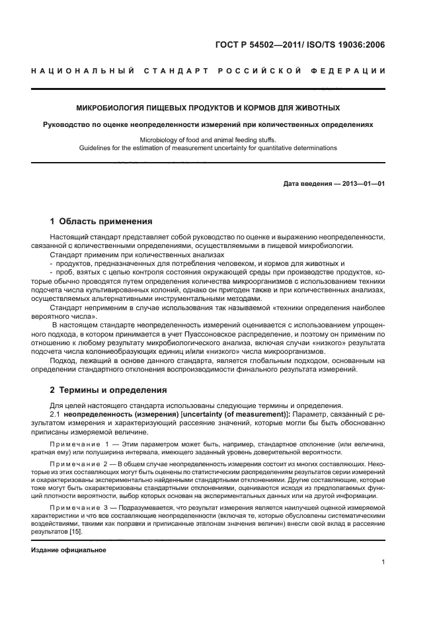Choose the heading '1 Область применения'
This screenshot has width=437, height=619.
point(101,222)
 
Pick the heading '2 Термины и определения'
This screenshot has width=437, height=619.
point(108,390)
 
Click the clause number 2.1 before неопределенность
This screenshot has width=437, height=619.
point(56,414)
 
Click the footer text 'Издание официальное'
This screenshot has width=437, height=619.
point(69,550)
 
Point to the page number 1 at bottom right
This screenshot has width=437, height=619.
point(383,563)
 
